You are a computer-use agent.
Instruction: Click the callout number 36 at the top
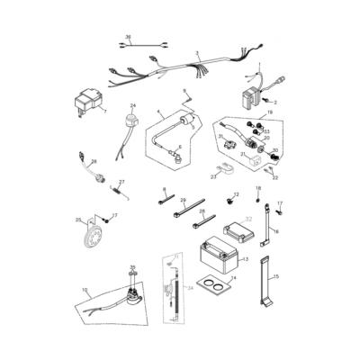(128, 37)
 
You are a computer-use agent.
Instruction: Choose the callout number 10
(85, 290)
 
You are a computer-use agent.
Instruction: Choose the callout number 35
(132, 267)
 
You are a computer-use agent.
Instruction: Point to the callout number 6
(179, 146)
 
